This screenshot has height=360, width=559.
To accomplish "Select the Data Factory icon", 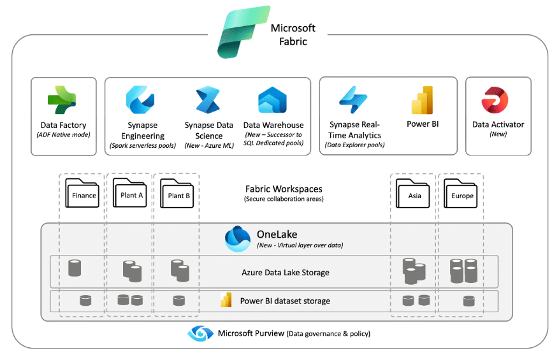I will [62, 101].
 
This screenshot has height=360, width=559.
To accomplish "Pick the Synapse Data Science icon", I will [208, 101].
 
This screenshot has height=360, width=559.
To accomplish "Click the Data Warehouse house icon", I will [273, 101].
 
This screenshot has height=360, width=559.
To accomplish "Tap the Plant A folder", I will [131, 192].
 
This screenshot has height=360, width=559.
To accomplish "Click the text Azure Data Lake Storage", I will [285, 273].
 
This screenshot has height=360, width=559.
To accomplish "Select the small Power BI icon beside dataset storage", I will [225, 300].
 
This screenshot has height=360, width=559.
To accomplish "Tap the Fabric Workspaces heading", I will [284, 189].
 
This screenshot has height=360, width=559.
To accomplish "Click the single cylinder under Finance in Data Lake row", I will [75, 268].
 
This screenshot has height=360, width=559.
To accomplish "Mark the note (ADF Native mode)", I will [63, 134].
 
